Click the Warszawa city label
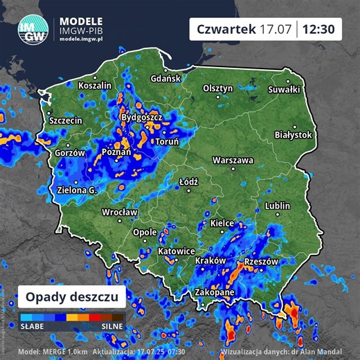(x=233, y=160)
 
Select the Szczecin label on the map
(x=66, y=120)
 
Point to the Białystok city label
(x=294, y=135)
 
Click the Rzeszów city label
(x=262, y=262)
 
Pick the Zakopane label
(x=215, y=292)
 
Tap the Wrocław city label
(x=120, y=213)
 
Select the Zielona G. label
(x=77, y=190)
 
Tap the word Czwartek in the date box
(x=226, y=30)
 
